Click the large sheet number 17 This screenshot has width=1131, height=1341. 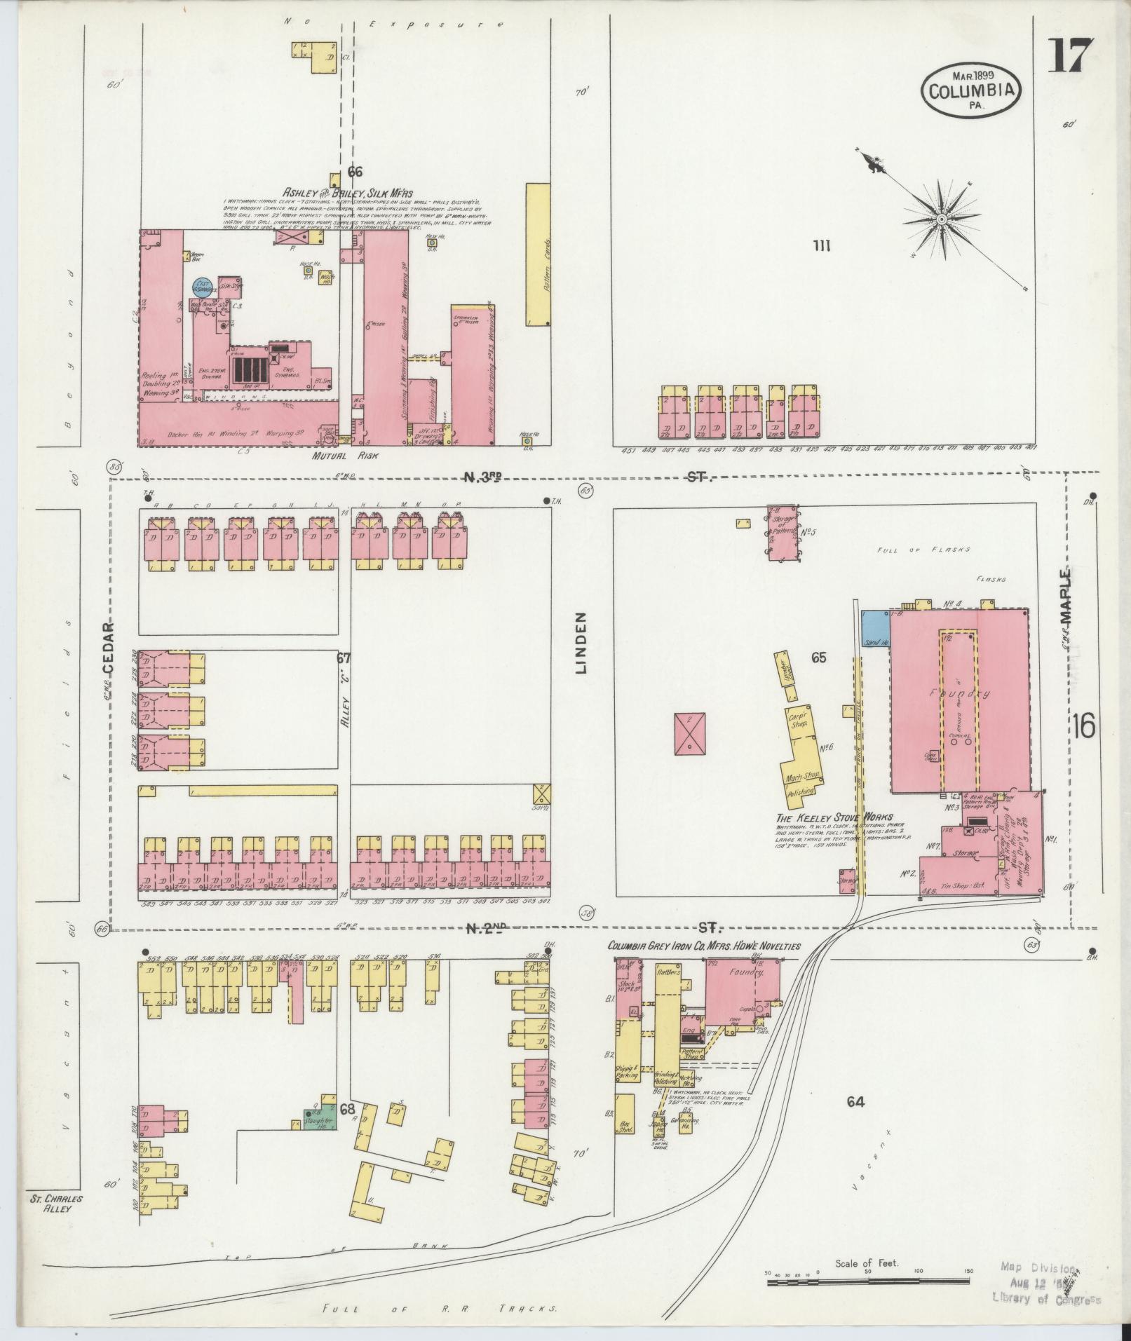coord(1069,56)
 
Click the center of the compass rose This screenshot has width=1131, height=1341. coord(941,220)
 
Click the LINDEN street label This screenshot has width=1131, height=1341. coord(581,643)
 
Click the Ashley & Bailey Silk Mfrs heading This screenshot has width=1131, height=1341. coord(348,192)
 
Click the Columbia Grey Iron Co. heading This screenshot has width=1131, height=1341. coord(703,946)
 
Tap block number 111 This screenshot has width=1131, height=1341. coord(822,245)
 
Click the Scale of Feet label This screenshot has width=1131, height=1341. coord(867,1264)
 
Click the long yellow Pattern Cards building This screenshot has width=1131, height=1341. coord(537,254)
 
